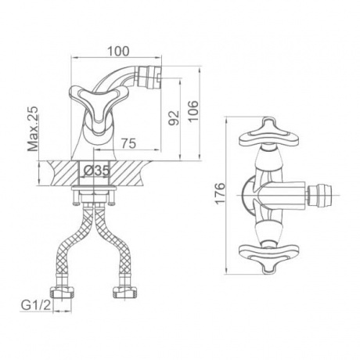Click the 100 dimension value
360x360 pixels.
118,52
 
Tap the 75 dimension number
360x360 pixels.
128,143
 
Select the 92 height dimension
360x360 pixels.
174,117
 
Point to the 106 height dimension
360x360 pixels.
193,111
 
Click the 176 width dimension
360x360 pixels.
220,193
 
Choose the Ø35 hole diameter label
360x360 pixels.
96,171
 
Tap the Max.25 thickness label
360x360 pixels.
33,129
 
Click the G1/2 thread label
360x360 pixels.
36,305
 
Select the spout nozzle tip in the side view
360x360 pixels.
150,77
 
